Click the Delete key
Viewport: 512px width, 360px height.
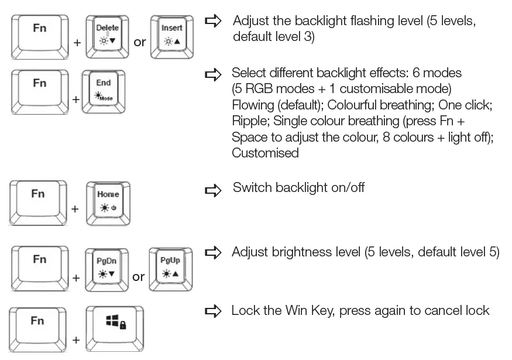pyautogui.click(x=106, y=35)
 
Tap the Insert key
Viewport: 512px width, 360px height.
pyautogui.click(x=172, y=35)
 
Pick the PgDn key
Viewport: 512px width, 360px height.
pyautogui.click(x=106, y=268)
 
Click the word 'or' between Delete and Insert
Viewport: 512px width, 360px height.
pyautogui.click(x=140, y=42)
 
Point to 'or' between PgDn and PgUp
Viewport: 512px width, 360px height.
pyautogui.click(x=139, y=276)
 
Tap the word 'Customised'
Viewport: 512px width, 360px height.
pyautogui.click(x=265, y=153)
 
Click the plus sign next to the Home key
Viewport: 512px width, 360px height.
pyautogui.click(x=76, y=208)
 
